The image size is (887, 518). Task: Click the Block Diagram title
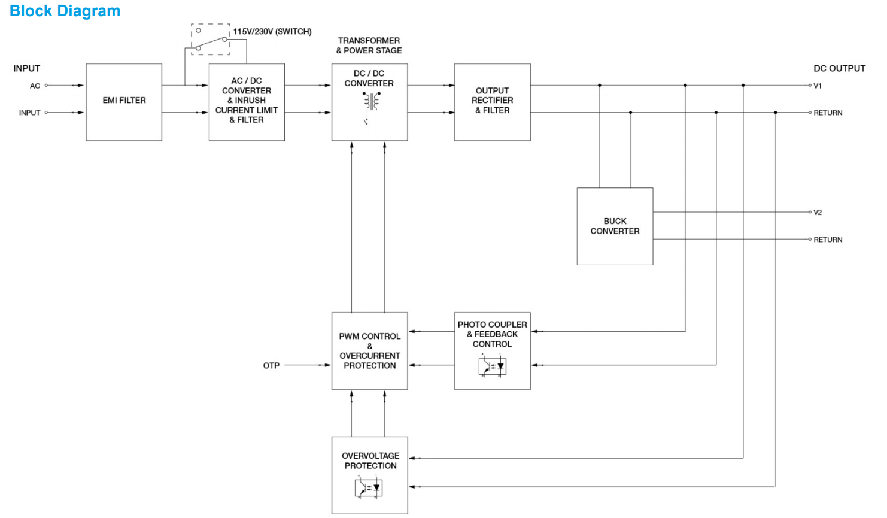point(65,11)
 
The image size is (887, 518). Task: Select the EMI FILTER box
point(124,101)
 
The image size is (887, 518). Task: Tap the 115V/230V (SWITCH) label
point(272,32)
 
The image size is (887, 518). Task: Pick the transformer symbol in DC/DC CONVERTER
point(370,103)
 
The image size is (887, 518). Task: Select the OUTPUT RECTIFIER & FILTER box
point(492,101)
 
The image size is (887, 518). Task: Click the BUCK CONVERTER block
point(615,226)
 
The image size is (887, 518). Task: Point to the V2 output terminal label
point(817,213)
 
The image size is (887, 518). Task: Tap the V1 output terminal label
point(817,86)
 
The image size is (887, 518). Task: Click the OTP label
point(271,365)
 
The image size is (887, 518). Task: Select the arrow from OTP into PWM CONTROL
point(308,365)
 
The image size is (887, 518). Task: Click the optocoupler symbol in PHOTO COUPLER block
point(492,366)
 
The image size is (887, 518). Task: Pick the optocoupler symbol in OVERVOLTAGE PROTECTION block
point(369,487)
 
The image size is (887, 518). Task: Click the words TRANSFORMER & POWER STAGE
point(369,46)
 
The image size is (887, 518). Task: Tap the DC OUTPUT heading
point(839,68)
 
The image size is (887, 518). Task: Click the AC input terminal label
point(35,86)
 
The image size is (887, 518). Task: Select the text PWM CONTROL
point(369,337)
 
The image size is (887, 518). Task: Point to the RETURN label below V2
point(828,240)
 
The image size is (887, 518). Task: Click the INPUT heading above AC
point(26,68)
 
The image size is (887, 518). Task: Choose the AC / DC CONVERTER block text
point(247,86)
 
